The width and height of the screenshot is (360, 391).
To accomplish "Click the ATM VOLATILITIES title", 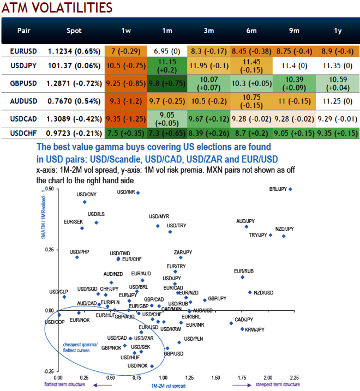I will pos(58,8).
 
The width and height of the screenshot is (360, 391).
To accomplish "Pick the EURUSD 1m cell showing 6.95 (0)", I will pos(167,51).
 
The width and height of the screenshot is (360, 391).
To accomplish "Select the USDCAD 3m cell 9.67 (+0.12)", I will pos(208,118).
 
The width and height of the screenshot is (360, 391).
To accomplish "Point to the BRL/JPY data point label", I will pos(279,189).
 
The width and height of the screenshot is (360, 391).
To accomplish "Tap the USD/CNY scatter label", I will pos(86,194).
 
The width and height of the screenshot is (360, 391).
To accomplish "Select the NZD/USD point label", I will pos(263,293).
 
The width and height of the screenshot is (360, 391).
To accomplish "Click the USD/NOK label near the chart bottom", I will pos(137,365).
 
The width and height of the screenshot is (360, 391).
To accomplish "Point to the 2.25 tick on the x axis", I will pos(293,377).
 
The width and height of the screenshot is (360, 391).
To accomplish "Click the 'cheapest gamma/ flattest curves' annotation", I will pos(80,347).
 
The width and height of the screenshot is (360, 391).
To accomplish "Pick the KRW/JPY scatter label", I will pos(255,329).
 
